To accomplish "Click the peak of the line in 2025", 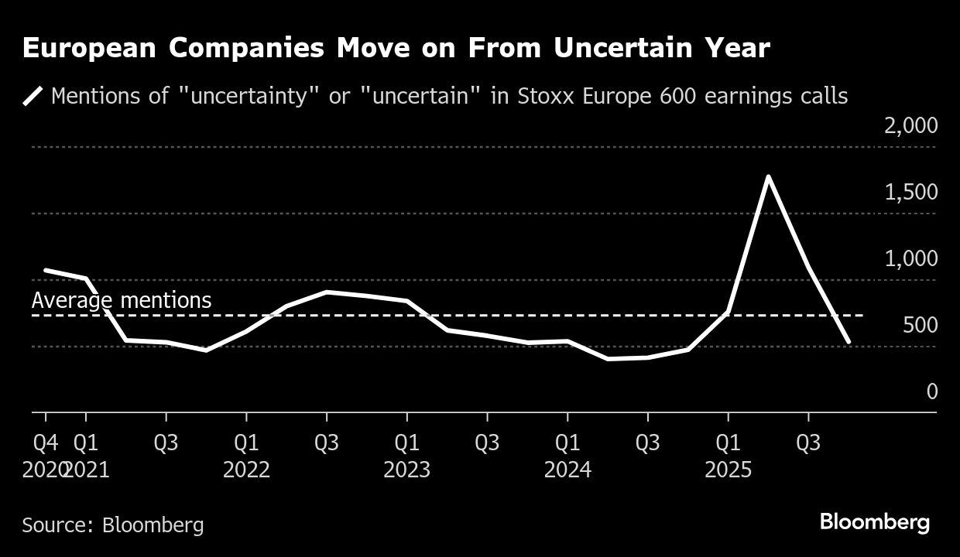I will tap(767, 177).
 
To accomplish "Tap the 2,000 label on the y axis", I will tap(910, 125).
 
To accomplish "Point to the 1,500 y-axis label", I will tap(910, 192).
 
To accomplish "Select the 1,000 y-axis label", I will tap(910, 258).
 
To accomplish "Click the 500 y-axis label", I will tap(920, 325).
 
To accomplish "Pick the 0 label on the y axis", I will tap(931, 391).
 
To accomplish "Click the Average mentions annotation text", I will tap(122, 300).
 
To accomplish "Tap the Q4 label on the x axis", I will tap(46, 443).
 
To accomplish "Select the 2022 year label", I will tap(246, 470).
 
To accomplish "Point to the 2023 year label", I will tap(407, 470).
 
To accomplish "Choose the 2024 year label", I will tap(567, 470).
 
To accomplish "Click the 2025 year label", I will tap(728, 470).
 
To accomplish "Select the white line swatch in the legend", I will tap(33, 97).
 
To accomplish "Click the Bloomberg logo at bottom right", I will tap(875, 522).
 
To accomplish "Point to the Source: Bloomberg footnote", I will tap(113, 525).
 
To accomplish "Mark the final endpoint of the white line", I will tap(849, 341).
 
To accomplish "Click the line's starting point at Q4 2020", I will tap(46, 270).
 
